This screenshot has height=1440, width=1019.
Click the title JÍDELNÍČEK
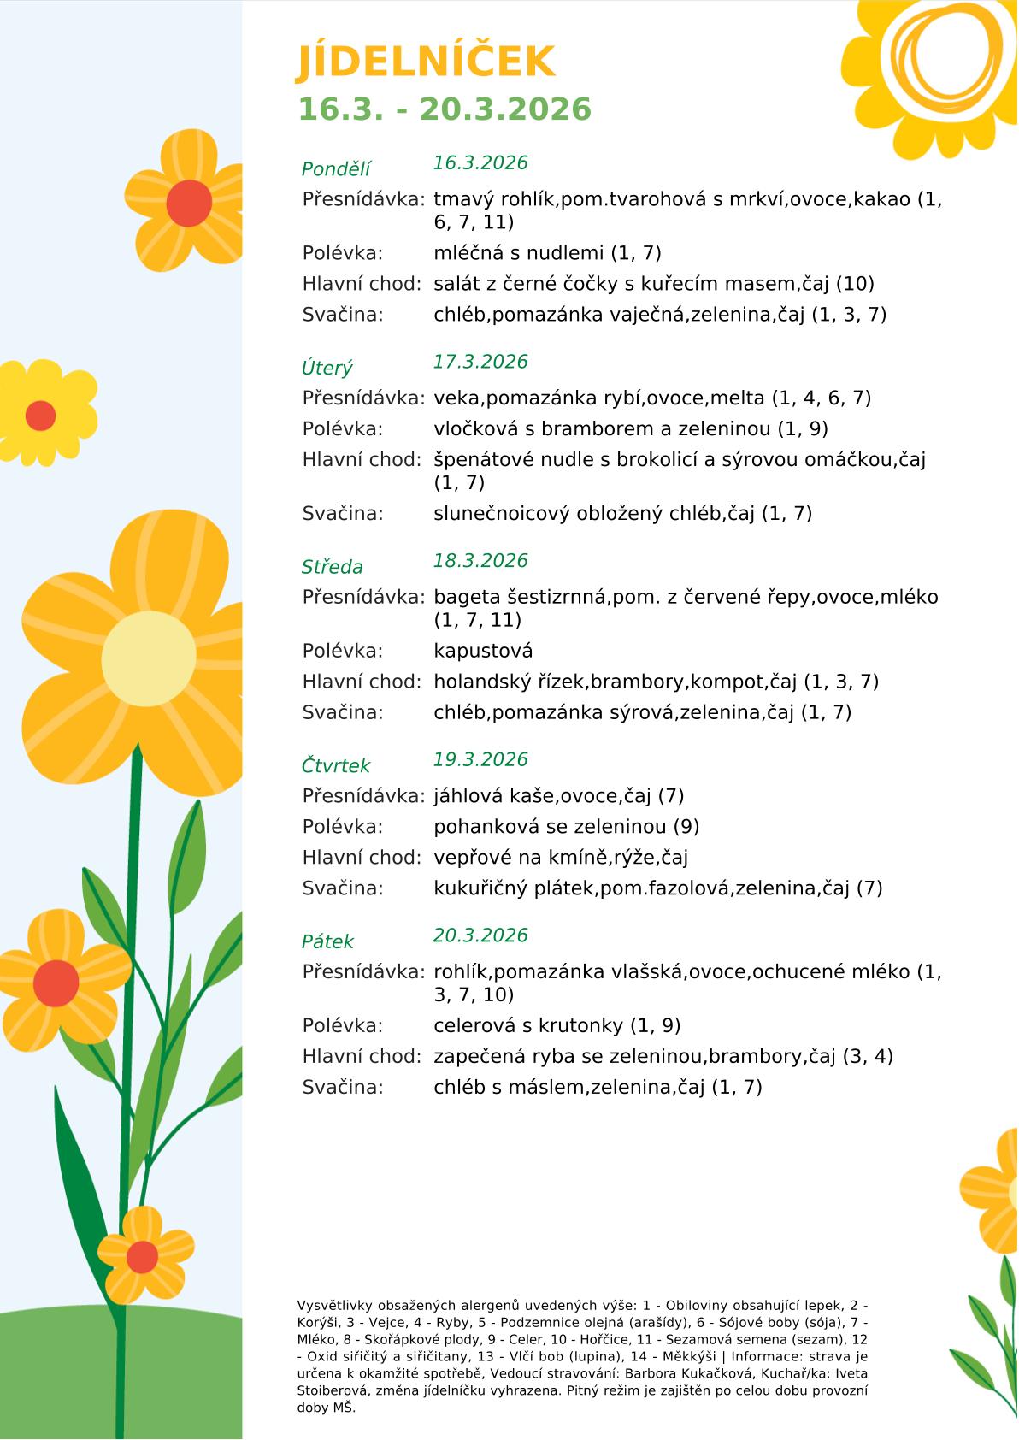tap(426, 62)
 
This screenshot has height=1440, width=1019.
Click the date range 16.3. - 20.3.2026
tap(444, 109)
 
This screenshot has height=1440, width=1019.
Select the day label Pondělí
tap(336, 169)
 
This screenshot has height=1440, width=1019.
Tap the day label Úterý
tap(327, 369)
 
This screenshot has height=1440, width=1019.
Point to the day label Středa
tap(332, 567)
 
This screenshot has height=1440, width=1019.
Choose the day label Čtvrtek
tap(336, 766)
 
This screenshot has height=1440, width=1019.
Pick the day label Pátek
tap(327, 942)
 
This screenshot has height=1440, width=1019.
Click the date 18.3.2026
tap(480, 561)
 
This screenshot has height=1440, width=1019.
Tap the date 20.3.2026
tap(480, 935)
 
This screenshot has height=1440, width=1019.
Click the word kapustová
tap(483, 652)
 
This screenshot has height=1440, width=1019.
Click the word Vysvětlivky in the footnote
tap(335, 1306)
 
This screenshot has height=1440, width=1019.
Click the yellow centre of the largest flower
tap(149, 659)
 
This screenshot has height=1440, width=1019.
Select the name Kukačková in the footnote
tap(742, 1373)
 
